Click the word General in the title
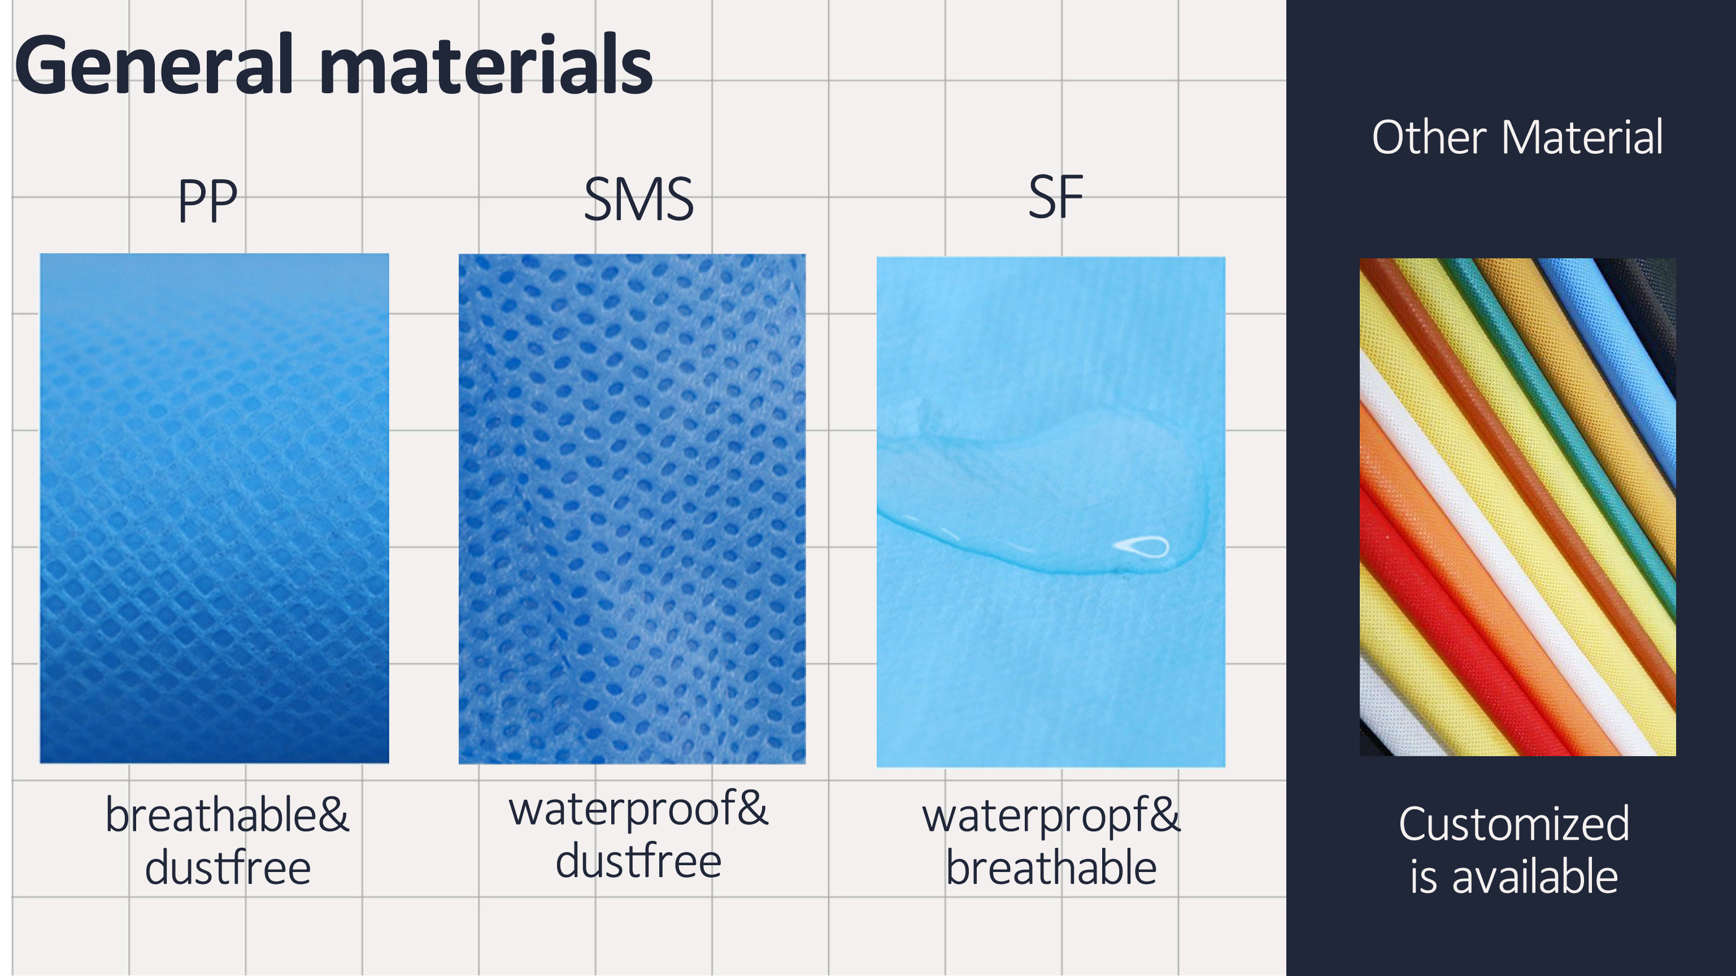point(154,66)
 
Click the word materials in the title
point(486,66)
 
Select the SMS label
point(638,199)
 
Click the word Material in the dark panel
point(1582,137)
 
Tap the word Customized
point(1513,823)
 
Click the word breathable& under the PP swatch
point(227,815)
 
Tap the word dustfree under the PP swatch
point(228,867)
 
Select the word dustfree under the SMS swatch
point(638,861)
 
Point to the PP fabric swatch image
point(214,508)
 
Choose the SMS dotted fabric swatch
point(632,509)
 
